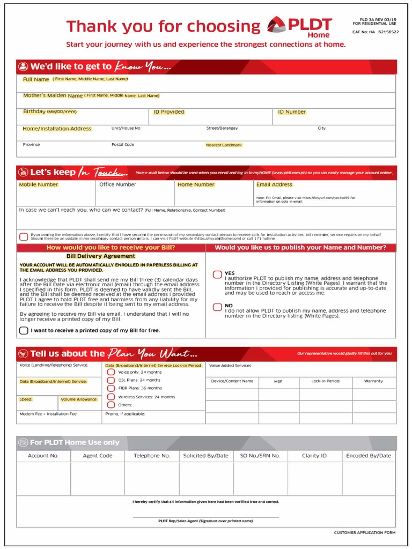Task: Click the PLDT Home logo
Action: click(299, 27)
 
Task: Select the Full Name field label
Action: click(36, 79)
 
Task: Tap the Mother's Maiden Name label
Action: click(53, 95)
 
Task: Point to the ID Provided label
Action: click(168, 112)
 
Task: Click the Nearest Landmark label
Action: click(224, 145)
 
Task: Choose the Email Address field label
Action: click(274, 184)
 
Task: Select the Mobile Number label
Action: click(39, 184)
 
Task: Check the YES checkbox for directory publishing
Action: click(217, 274)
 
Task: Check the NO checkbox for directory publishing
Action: click(217, 307)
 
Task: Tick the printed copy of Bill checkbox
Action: click(24, 330)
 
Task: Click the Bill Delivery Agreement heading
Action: click(100, 256)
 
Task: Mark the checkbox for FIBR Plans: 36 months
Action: click(111, 388)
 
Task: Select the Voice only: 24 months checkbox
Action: click(111, 372)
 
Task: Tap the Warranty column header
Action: click(373, 381)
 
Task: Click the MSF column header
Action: click(278, 381)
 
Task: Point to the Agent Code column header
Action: click(98, 456)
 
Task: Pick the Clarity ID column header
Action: click(314, 456)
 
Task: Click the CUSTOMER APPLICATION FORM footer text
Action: click(364, 532)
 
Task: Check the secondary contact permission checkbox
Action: click(24, 236)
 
